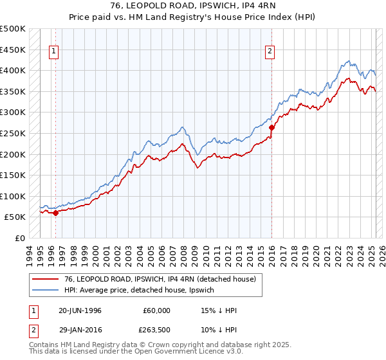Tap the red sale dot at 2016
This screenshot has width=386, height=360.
(x=271, y=127)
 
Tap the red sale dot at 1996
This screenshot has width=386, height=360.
(x=55, y=213)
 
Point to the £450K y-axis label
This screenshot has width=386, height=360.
(x=13, y=50)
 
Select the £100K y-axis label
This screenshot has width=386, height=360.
(x=13, y=196)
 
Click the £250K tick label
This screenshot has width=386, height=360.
(x=13, y=133)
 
